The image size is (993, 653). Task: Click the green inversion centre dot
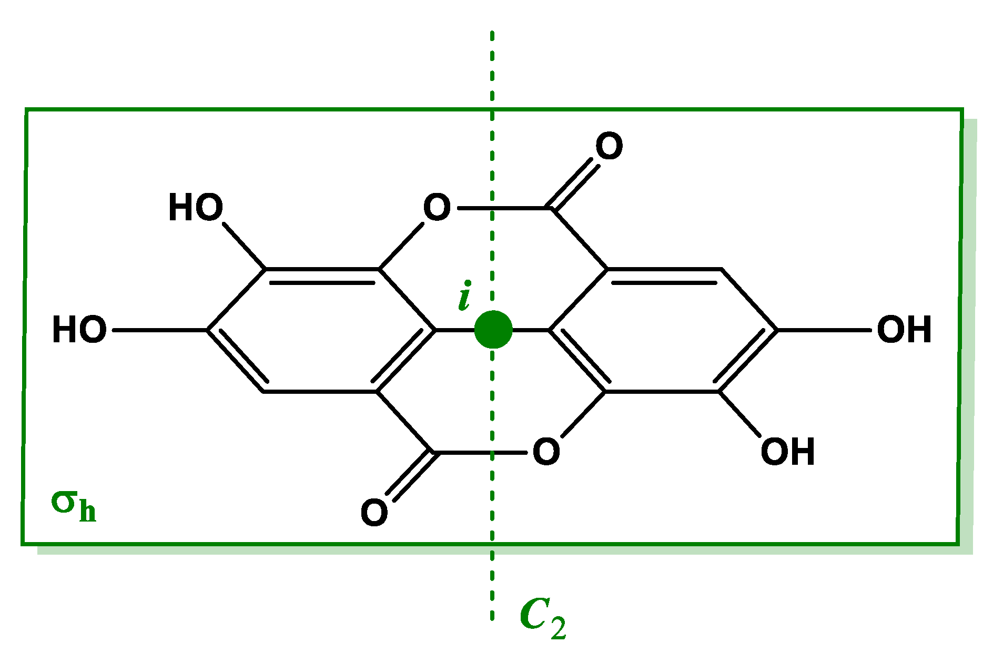(x=493, y=330)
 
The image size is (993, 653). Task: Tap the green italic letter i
(x=464, y=296)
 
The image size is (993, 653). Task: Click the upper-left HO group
(x=195, y=207)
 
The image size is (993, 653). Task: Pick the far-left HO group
(x=79, y=330)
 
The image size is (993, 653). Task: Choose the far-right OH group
(x=904, y=330)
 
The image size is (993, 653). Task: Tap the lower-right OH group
(x=787, y=452)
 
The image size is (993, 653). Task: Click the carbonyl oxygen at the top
(x=609, y=146)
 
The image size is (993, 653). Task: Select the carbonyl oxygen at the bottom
(x=374, y=513)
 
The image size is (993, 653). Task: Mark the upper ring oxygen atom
(x=437, y=207)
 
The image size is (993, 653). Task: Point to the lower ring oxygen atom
(x=546, y=452)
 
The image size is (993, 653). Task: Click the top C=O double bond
(x=574, y=185)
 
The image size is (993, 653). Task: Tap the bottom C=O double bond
(x=410, y=476)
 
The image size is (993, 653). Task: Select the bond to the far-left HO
(x=160, y=330)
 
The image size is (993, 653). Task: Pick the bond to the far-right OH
(x=823, y=330)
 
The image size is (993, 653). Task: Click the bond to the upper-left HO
(x=244, y=246)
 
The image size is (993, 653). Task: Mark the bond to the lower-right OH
(x=739, y=414)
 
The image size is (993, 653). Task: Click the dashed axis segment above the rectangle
(x=492, y=68)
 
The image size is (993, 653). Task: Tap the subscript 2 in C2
(x=559, y=628)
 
